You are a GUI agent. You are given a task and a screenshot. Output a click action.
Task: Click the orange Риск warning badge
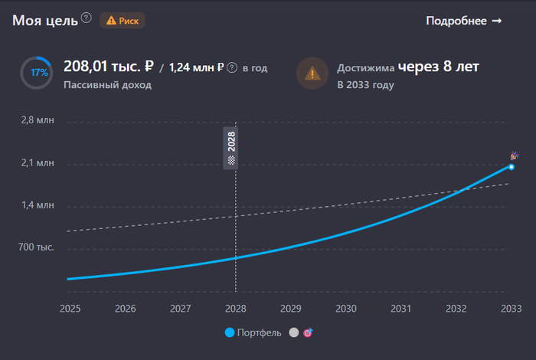coord(123,21)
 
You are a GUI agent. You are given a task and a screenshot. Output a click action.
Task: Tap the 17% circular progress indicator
coord(37,73)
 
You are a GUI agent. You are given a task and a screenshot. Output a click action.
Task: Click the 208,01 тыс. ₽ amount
coord(110,67)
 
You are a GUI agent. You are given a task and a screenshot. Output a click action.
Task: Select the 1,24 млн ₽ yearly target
coord(196,68)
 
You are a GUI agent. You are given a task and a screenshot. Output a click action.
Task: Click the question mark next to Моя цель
coord(87,18)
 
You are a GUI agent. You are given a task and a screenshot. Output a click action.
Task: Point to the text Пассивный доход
coord(107,85)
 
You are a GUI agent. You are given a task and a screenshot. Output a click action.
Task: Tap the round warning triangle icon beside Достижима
coord(312,74)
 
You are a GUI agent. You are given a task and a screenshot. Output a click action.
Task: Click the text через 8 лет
coord(438,67)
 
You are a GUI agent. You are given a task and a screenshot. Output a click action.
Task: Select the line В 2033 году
coord(365,85)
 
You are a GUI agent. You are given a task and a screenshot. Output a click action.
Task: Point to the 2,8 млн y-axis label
coord(38,121)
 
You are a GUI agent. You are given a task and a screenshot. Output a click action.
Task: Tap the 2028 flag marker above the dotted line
coord(230,148)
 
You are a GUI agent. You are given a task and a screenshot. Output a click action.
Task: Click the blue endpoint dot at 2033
coord(511,167)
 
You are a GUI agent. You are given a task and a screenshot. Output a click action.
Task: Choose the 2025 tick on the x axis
coord(70,309)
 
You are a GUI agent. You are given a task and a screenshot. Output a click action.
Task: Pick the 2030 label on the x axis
coord(346,309)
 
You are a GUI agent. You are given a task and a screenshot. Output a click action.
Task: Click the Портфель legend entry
coord(253,333)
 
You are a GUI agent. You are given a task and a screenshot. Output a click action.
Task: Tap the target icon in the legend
coord(308,333)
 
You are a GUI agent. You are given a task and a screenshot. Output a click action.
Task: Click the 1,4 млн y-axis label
coord(38,205)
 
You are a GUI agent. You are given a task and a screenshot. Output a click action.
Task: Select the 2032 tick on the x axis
coord(456,309)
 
